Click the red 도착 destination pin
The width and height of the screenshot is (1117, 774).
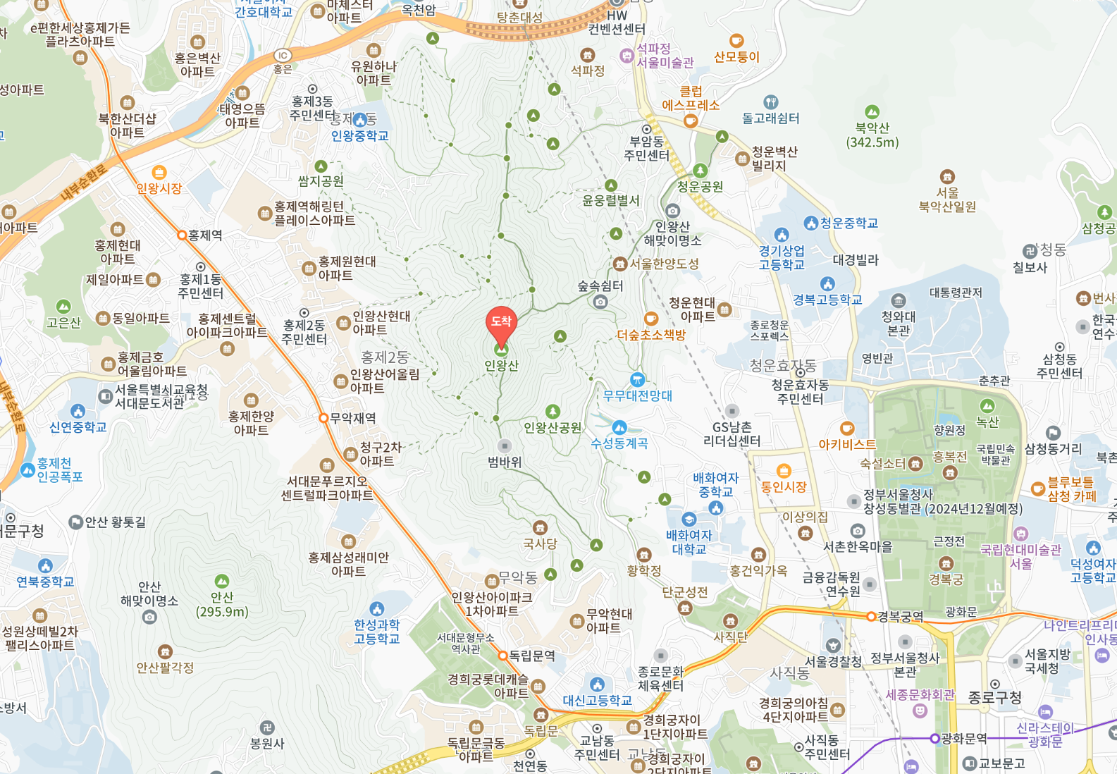(x=501, y=323)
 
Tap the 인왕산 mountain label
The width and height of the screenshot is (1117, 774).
(x=501, y=365)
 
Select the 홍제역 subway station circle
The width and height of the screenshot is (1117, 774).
(x=182, y=235)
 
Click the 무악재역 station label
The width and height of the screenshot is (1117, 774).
(x=353, y=418)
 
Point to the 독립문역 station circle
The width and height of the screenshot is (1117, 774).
(x=503, y=656)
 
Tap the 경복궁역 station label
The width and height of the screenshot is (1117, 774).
(x=900, y=617)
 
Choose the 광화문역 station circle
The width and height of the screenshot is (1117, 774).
(x=934, y=739)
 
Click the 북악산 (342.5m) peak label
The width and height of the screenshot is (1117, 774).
(x=872, y=135)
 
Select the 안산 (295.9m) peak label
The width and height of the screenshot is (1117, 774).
(x=222, y=604)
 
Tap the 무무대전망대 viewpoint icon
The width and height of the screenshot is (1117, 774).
(x=637, y=379)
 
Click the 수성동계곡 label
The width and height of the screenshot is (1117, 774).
(x=619, y=443)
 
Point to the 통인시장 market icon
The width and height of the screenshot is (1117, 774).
(x=784, y=471)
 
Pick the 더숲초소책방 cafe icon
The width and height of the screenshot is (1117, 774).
(x=651, y=319)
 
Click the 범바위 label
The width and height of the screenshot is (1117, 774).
(x=505, y=462)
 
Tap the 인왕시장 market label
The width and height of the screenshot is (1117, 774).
(x=159, y=188)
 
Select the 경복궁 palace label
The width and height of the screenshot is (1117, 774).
(x=946, y=579)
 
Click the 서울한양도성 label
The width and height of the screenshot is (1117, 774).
(x=664, y=264)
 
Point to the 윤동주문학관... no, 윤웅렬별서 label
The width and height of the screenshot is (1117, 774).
(x=611, y=200)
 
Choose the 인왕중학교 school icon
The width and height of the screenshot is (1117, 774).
(x=360, y=120)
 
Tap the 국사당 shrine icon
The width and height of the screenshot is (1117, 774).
(x=541, y=528)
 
